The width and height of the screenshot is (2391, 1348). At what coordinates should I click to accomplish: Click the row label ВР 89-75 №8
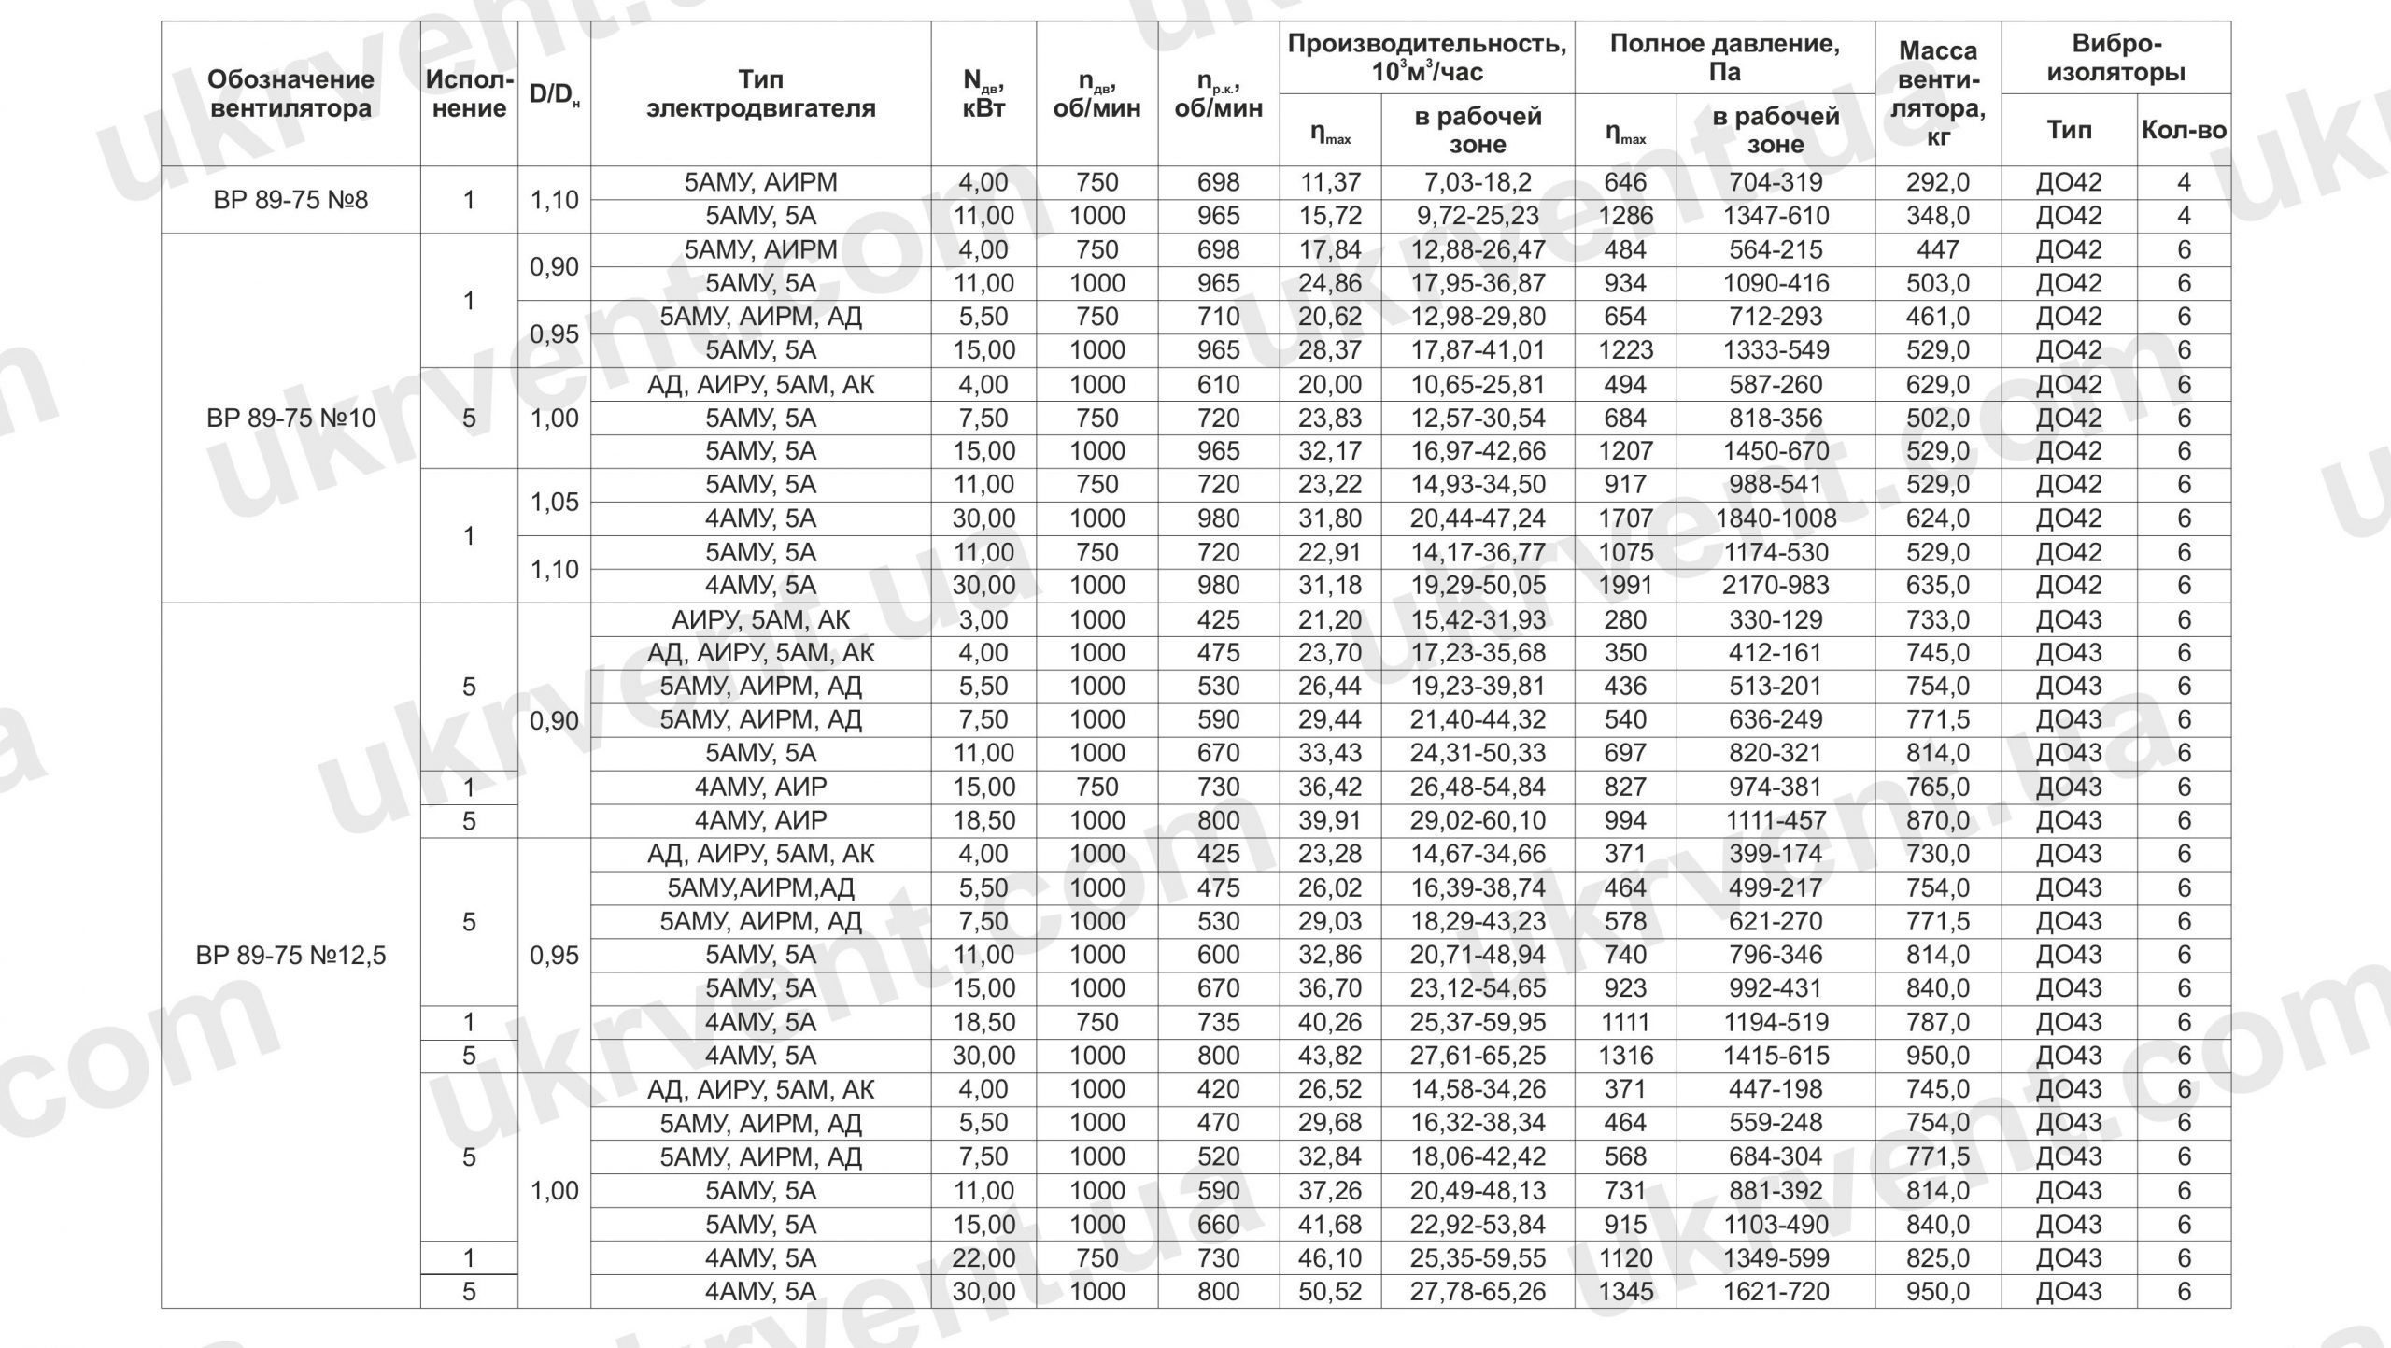tap(290, 200)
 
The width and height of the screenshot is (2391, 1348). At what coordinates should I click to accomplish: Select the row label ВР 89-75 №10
tap(290, 418)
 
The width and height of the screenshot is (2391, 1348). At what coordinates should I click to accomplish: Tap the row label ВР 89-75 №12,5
tap(290, 956)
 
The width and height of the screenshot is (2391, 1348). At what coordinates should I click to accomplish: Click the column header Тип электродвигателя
tap(760, 93)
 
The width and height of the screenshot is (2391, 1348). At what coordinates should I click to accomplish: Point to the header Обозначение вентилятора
tap(290, 93)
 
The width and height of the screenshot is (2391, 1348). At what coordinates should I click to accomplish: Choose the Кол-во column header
tap(2184, 130)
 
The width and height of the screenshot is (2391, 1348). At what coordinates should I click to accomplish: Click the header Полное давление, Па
tap(1724, 58)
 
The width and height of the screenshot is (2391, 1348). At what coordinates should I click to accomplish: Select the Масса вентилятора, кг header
tap(1938, 93)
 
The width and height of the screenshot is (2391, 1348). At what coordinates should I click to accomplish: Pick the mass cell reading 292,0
tap(1938, 182)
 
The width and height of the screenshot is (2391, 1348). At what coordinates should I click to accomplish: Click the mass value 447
tap(1938, 249)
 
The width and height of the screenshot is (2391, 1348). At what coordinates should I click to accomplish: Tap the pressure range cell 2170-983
tap(1776, 586)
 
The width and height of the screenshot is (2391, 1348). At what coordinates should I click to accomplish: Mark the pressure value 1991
tap(1625, 586)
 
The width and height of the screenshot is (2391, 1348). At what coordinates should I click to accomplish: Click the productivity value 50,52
tap(1330, 1292)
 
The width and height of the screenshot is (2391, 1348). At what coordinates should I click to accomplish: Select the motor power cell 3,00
tap(983, 619)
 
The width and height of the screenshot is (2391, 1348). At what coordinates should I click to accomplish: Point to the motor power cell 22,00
tap(983, 1258)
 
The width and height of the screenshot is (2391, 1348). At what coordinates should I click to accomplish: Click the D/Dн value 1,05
tap(554, 502)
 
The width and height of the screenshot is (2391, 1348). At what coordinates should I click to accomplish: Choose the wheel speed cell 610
tap(1218, 384)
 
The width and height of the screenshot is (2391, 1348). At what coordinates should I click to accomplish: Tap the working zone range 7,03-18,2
tap(1478, 182)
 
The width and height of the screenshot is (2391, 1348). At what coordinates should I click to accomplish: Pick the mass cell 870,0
tap(1938, 820)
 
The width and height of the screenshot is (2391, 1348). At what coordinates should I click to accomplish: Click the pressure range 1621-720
tap(1776, 1292)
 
